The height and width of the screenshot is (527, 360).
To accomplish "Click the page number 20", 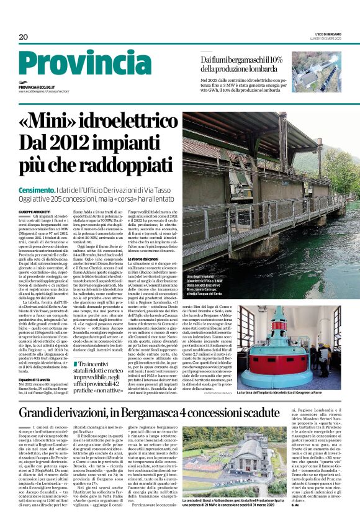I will coord(23,37).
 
